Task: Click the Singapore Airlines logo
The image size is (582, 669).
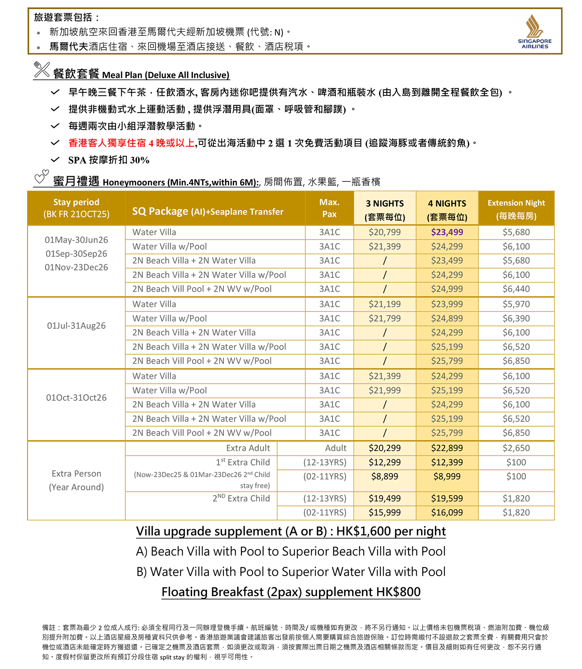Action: click(x=534, y=32)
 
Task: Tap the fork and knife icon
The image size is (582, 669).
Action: click(x=42, y=69)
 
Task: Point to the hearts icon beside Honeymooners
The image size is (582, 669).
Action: click(x=41, y=177)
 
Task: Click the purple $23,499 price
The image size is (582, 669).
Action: click(x=447, y=232)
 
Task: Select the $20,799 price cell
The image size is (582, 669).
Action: click(x=384, y=232)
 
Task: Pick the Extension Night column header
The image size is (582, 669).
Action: click(x=516, y=209)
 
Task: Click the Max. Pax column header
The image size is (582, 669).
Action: click(x=329, y=208)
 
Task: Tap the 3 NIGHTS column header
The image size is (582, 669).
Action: click(x=384, y=210)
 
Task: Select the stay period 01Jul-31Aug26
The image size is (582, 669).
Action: click(x=76, y=326)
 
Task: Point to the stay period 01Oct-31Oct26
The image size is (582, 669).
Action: click(x=76, y=398)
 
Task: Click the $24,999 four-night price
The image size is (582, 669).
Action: click(x=447, y=289)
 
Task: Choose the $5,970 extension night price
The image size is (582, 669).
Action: click(x=516, y=304)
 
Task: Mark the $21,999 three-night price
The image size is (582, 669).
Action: click(x=384, y=390)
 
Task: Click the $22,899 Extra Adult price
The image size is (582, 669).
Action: click(x=447, y=448)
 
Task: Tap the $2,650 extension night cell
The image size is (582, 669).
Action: click(x=516, y=448)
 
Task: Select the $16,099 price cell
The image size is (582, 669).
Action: click(x=447, y=513)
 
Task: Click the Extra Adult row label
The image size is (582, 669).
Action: click(x=248, y=448)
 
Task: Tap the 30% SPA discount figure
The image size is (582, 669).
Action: click(x=140, y=160)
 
